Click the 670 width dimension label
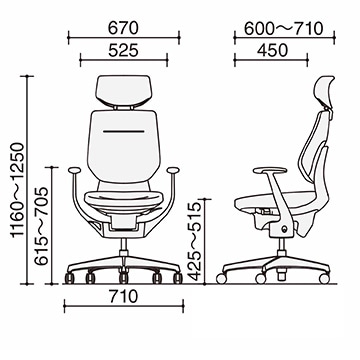click(x=123, y=28)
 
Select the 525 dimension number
click(x=123, y=50)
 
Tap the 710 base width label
click(x=123, y=296)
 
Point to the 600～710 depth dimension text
click(x=284, y=29)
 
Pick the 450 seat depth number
click(x=272, y=50)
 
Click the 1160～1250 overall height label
click(x=17, y=190)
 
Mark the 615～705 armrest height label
click(x=42, y=226)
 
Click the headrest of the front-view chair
click(x=123, y=90)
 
